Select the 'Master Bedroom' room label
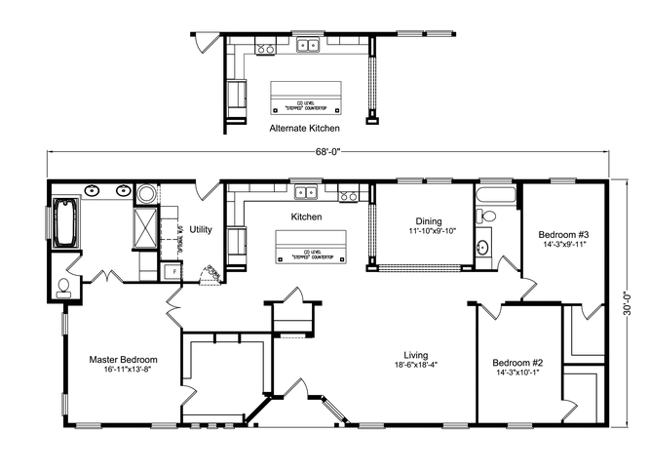[124, 359]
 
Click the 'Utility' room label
[201, 229]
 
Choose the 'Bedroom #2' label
[517, 363]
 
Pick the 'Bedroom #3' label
[563, 234]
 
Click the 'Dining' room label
[429, 221]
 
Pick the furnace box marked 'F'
[174, 271]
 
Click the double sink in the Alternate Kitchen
[310, 45]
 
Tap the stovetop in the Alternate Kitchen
[265, 48]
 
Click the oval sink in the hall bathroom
[484, 248]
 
